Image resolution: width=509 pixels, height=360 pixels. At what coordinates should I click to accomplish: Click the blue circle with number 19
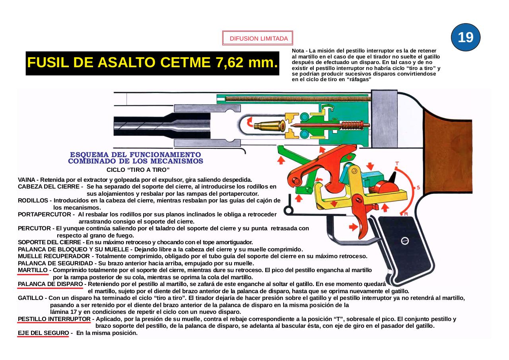pyautogui.click(x=466, y=37)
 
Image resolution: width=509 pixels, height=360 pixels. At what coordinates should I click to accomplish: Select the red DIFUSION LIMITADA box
pyautogui.click(x=258, y=39)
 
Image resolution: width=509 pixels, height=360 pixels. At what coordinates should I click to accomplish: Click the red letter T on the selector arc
pyautogui.click(x=397, y=163)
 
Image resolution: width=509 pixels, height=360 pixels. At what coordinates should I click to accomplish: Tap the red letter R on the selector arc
pyautogui.click(x=406, y=214)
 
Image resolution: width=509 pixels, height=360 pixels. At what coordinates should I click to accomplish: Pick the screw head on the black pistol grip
pyautogui.click(x=405, y=241)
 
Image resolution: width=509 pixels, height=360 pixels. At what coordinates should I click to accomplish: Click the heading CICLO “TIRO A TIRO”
pyautogui.click(x=138, y=169)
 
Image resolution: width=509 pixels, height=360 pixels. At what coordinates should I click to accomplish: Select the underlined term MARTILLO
pyautogui.click(x=33, y=270)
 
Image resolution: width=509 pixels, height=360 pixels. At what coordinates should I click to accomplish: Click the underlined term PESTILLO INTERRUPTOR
pyautogui.click(x=54, y=319)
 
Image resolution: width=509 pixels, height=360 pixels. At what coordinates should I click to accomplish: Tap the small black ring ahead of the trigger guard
pyautogui.click(x=289, y=210)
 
